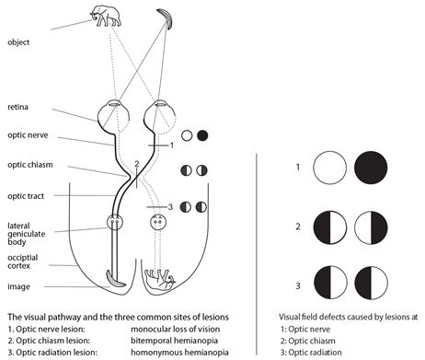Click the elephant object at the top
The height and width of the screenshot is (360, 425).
point(106,16)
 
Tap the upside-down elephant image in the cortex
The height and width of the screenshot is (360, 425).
point(160,280)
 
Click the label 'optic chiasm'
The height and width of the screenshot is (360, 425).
point(30,165)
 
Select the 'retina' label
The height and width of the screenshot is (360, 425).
point(17,107)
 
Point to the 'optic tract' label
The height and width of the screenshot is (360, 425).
point(26,196)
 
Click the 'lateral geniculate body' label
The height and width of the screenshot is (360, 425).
point(26,234)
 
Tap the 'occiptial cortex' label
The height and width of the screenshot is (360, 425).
point(23,261)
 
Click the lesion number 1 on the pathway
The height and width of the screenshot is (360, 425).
point(172,145)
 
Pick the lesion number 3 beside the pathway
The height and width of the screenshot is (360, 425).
point(170,207)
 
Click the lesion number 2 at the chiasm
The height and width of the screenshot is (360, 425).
point(137,164)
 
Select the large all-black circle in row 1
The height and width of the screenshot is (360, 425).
point(371,168)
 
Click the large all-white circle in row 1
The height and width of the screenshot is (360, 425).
point(330,168)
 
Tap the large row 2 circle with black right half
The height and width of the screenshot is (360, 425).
point(371,227)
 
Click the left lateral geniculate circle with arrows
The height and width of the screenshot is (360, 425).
point(115,222)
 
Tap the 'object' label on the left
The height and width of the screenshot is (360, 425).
point(18,42)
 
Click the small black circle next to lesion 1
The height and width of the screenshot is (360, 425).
point(202,135)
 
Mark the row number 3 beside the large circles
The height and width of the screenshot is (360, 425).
point(298,285)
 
